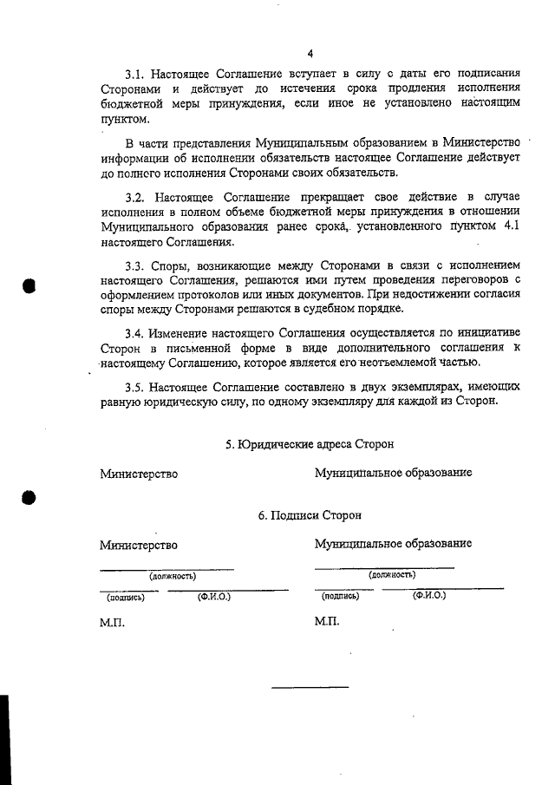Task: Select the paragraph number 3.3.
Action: [x=138, y=265]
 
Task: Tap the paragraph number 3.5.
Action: [x=138, y=385]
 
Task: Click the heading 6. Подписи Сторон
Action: [x=310, y=515]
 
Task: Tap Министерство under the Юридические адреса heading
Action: [x=139, y=474]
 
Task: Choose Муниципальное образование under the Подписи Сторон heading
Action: [x=393, y=544]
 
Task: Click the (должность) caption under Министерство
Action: [x=172, y=575]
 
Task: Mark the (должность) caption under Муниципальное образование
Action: [x=391, y=574]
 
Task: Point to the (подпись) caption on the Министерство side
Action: [x=126, y=597]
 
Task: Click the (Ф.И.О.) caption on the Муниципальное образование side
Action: [x=429, y=596]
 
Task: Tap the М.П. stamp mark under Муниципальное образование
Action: [x=327, y=623]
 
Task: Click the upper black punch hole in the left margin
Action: [x=29, y=287]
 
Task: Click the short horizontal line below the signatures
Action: [x=310, y=687]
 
